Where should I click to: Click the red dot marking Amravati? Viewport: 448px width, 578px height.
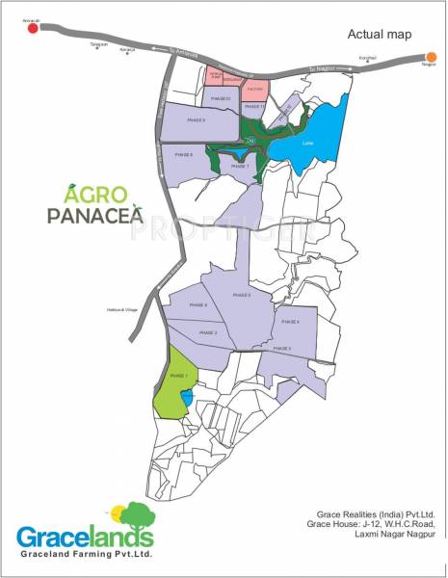click(33, 29)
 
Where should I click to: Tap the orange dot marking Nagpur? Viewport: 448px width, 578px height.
click(430, 55)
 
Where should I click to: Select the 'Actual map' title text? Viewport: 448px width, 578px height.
click(380, 35)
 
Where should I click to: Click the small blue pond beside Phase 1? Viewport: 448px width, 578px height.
click(189, 396)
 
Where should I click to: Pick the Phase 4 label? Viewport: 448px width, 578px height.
click(292, 322)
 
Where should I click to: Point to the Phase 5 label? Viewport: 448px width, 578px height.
click(242, 295)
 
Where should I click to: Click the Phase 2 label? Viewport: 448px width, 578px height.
click(209, 332)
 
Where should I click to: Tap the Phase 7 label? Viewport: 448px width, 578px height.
click(241, 166)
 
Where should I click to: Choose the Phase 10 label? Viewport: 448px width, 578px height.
click(222, 98)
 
